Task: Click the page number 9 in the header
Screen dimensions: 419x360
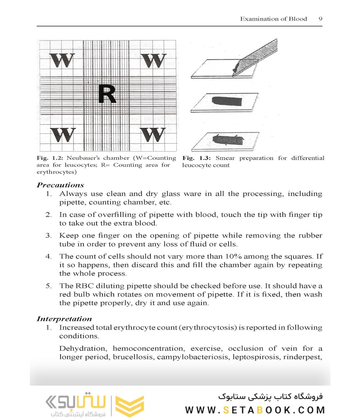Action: pyautogui.click(x=320, y=19)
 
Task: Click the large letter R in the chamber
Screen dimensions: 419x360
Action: pyautogui.click(x=107, y=94)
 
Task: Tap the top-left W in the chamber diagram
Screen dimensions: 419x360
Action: pyautogui.click(x=62, y=61)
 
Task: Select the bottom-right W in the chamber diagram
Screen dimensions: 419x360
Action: pyautogui.click(x=153, y=134)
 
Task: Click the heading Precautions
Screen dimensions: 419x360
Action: pyautogui.click(x=60, y=185)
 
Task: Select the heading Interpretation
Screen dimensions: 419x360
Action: pyautogui.click(x=64, y=319)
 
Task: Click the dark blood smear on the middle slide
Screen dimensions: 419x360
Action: pyautogui.click(x=227, y=101)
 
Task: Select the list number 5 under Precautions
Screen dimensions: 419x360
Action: pyautogui.click(x=48, y=286)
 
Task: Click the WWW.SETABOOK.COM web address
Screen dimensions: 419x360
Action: pyautogui.click(x=255, y=410)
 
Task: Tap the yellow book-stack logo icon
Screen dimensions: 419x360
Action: pyautogui.click(x=130, y=406)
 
